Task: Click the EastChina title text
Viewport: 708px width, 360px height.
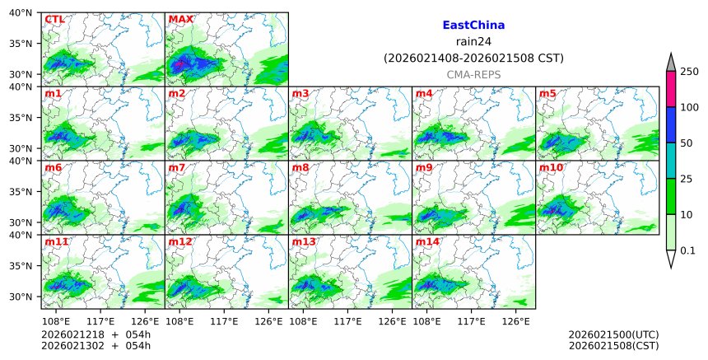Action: coord(473,26)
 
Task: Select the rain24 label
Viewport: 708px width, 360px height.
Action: coord(473,42)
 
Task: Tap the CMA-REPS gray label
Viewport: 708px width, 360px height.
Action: coord(473,74)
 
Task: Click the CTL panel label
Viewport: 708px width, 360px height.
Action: coord(54,19)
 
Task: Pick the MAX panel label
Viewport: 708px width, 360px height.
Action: coord(180,19)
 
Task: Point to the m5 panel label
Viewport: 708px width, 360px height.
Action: coord(547,93)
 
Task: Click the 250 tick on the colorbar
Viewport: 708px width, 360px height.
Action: coord(689,72)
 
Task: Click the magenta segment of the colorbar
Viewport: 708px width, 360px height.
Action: coord(671,89)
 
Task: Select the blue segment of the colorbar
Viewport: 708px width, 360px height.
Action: coord(671,124)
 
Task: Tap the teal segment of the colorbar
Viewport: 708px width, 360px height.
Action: coord(671,161)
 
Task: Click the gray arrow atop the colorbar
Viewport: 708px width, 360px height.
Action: coord(671,63)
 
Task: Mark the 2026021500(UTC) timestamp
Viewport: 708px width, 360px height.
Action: coord(613,334)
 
